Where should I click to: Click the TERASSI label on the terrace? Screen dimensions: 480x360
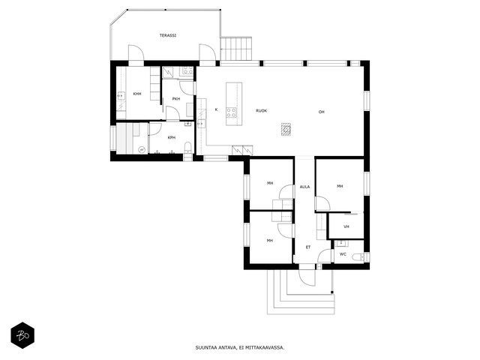tap(168, 35)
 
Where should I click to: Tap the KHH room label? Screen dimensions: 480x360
tap(137, 94)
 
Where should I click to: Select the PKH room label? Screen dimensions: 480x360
tap(176, 99)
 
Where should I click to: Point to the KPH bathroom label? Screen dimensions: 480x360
tap(172, 138)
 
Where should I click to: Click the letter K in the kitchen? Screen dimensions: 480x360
tap(216, 109)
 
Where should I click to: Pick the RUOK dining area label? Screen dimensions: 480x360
tap(262, 111)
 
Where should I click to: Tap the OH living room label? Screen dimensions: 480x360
tap(321, 112)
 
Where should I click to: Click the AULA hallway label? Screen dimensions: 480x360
tap(304, 187)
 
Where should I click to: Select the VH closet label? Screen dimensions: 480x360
tap(346, 226)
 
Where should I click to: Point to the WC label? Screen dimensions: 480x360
tap(343, 254)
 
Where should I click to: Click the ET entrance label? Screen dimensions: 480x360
tap(308, 247)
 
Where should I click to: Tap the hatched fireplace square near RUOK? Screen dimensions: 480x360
tap(286, 129)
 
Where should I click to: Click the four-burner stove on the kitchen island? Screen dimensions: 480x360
tap(232, 112)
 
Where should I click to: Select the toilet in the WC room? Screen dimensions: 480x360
tap(358, 256)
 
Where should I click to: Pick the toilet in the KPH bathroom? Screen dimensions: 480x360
tap(188, 147)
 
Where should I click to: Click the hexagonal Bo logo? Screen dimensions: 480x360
tap(22, 335)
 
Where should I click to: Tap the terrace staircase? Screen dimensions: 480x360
tap(235, 49)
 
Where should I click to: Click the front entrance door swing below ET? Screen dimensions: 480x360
tap(307, 278)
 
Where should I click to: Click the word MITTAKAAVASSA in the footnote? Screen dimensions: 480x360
tap(267, 348)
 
